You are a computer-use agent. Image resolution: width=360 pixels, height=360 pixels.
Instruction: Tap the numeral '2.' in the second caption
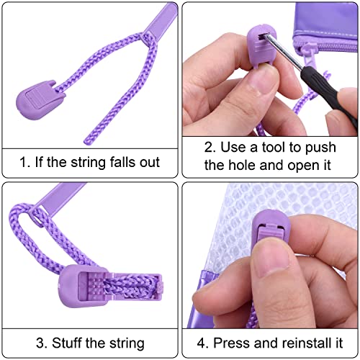point(210,147)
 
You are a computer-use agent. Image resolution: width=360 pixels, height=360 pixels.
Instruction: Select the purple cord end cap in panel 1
point(40,99)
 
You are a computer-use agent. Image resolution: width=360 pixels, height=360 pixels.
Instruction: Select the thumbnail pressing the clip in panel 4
point(274,259)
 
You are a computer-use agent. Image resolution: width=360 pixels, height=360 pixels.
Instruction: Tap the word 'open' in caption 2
point(301,166)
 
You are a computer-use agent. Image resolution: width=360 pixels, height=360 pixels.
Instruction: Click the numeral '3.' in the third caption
point(42,343)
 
